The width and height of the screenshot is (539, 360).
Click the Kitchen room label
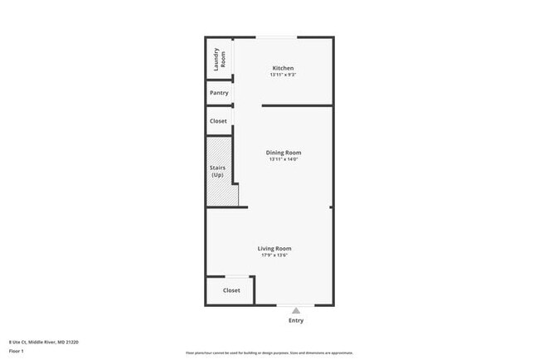[x=283, y=68]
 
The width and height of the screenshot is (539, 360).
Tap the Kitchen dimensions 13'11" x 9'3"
[x=283, y=75]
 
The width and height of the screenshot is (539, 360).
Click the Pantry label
[x=219, y=93]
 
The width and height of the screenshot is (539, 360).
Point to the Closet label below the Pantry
[x=218, y=121]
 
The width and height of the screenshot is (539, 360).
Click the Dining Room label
[x=283, y=153]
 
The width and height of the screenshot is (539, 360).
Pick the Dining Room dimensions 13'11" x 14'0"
[x=283, y=160]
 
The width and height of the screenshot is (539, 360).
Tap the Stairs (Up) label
[x=217, y=172]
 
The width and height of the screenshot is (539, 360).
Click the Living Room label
[x=274, y=248]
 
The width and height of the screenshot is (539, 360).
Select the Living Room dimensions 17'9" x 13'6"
[x=274, y=255]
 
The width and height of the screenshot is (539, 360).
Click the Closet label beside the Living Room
[x=231, y=290]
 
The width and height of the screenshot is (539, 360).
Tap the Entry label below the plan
[x=296, y=320]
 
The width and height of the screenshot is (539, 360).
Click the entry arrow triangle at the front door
[x=296, y=310]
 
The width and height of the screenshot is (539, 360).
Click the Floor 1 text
[x=17, y=351]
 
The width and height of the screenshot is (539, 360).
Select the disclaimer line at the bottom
[x=269, y=353]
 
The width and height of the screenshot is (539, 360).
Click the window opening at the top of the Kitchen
[x=276, y=37]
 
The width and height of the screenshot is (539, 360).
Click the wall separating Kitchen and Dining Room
[x=297, y=105]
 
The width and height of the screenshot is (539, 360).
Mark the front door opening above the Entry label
[x=296, y=304]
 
